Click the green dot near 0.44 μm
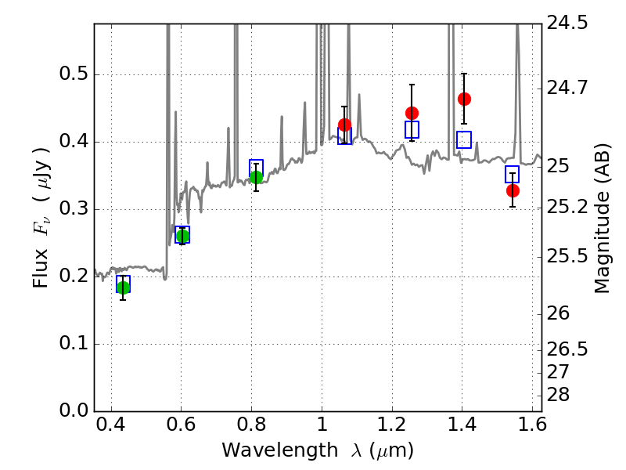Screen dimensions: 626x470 (124, 287)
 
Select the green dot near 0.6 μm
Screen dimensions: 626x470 (182, 237)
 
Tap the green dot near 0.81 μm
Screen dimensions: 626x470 (257, 177)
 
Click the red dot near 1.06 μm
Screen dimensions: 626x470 (344, 125)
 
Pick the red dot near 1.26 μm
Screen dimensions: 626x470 (412, 113)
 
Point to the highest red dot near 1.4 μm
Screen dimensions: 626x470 (464, 99)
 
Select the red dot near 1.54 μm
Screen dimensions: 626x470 (513, 190)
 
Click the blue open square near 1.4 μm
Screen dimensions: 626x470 (464, 139)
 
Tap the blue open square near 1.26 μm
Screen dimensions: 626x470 (412, 129)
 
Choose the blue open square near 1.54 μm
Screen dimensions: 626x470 (513, 174)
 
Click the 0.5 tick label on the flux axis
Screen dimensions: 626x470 (74, 74)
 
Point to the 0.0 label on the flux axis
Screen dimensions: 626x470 (74, 410)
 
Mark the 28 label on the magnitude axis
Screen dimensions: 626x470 (558, 395)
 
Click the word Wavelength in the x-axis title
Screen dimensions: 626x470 (280, 450)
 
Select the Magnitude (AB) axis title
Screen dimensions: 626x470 (602, 219)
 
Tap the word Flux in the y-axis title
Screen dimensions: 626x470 (41, 268)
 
